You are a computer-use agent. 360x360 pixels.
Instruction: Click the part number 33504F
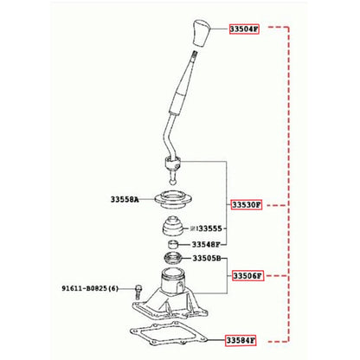tap(244, 29)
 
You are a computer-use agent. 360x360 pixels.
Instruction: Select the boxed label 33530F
tap(247, 205)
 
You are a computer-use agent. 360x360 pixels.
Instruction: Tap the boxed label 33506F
tap(247, 276)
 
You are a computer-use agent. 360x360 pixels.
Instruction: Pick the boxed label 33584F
tap(241, 341)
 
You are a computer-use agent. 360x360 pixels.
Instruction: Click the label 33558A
tap(125, 199)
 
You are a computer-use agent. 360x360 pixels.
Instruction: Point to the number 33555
tap(210, 228)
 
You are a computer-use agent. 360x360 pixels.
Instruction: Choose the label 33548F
tap(206, 245)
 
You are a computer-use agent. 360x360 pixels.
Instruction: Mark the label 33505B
tap(207, 259)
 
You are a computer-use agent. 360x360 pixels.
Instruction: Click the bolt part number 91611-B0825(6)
tap(90, 288)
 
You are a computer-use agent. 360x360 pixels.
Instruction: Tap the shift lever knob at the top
tap(201, 33)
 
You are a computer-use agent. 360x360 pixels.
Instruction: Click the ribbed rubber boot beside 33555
tap(172, 225)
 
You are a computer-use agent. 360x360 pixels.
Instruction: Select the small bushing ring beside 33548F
tap(173, 244)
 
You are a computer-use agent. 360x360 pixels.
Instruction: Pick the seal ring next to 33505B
tap(173, 258)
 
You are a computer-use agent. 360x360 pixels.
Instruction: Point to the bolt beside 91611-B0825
tap(138, 292)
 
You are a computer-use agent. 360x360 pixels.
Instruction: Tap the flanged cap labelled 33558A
tap(173, 200)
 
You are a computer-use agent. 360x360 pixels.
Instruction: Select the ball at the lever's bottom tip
tap(172, 182)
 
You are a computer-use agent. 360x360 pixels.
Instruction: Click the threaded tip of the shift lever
tap(195, 54)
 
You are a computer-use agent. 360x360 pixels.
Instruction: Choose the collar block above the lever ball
tap(173, 164)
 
